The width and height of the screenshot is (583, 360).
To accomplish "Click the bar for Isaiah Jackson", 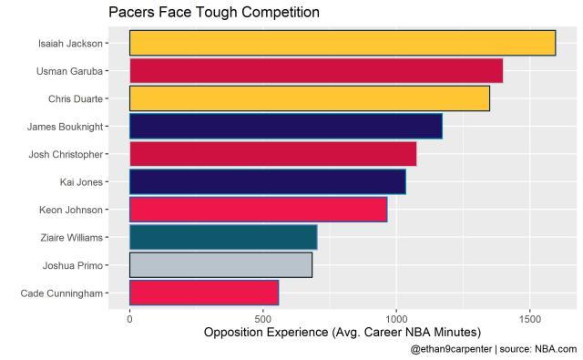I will (342, 43).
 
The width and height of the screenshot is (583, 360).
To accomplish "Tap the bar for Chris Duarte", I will (310, 98).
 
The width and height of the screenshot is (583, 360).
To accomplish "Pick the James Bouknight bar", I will (285, 126).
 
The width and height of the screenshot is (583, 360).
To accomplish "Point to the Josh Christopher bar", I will (272, 154).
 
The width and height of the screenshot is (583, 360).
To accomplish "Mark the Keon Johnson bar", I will (258, 210).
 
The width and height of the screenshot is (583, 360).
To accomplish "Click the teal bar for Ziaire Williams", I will (223, 237).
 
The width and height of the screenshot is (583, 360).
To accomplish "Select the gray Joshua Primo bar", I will (220, 265).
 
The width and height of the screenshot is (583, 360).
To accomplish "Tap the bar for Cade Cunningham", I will (204, 293).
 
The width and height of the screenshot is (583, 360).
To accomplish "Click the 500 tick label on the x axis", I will (263, 319).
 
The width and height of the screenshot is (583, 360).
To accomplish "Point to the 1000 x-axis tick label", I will (396, 319).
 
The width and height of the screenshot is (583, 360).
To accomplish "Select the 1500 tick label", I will (530, 319).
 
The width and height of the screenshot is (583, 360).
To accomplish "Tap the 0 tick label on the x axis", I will (129, 319).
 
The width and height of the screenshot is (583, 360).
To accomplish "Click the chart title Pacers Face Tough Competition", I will (213, 13).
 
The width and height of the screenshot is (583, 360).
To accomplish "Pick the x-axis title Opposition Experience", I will (342, 333).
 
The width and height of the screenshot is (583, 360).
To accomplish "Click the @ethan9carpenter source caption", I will (493, 349).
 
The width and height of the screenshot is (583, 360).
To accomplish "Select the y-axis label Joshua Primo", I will (72, 265).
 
